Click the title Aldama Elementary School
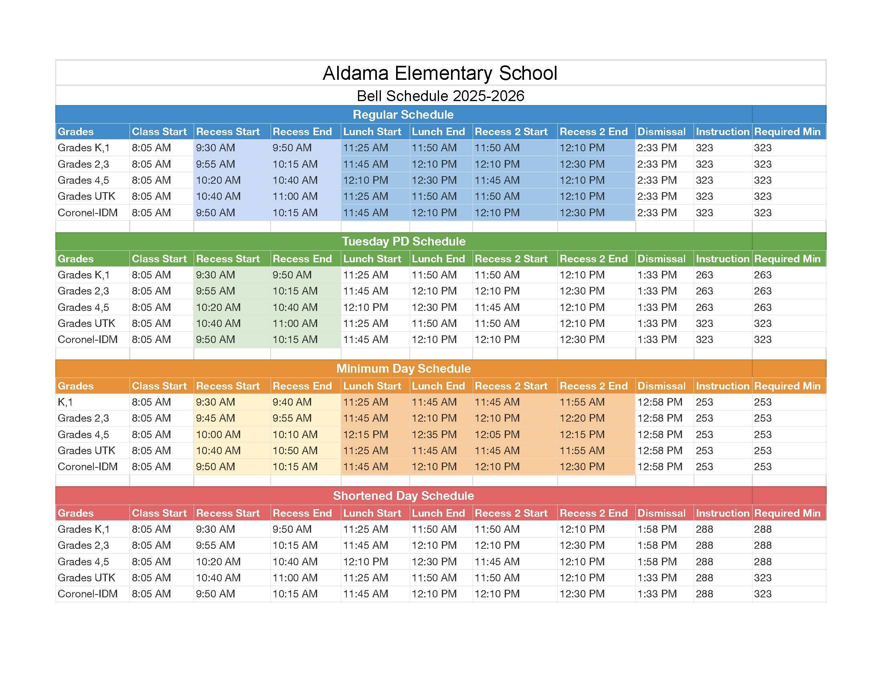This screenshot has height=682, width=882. [440, 73]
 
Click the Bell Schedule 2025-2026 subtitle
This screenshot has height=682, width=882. [440, 96]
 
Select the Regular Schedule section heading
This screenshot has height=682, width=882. [403, 115]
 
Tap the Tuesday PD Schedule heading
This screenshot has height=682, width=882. [403, 242]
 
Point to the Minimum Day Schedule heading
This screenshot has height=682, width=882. [403, 368]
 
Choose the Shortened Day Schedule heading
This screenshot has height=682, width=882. [403, 496]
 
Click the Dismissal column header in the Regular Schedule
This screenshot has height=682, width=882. [661, 132]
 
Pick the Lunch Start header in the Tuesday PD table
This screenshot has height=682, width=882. [372, 259]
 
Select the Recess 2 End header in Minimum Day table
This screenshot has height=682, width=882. [593, 386]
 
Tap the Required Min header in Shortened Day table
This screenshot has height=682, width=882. [787, 513]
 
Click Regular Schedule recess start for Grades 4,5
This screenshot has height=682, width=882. [218, 180]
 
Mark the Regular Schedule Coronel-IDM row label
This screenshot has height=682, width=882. [88, 213]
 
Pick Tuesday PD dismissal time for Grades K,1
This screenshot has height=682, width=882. [657, 275]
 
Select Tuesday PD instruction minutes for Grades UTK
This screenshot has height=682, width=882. [704, 323]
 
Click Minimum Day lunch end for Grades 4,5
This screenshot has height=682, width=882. [434, 434]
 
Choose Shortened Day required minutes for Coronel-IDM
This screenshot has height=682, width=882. [763, 594]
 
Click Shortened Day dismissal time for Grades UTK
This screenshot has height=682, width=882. [657, 578]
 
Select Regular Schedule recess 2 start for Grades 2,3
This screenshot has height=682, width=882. [497, 164]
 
